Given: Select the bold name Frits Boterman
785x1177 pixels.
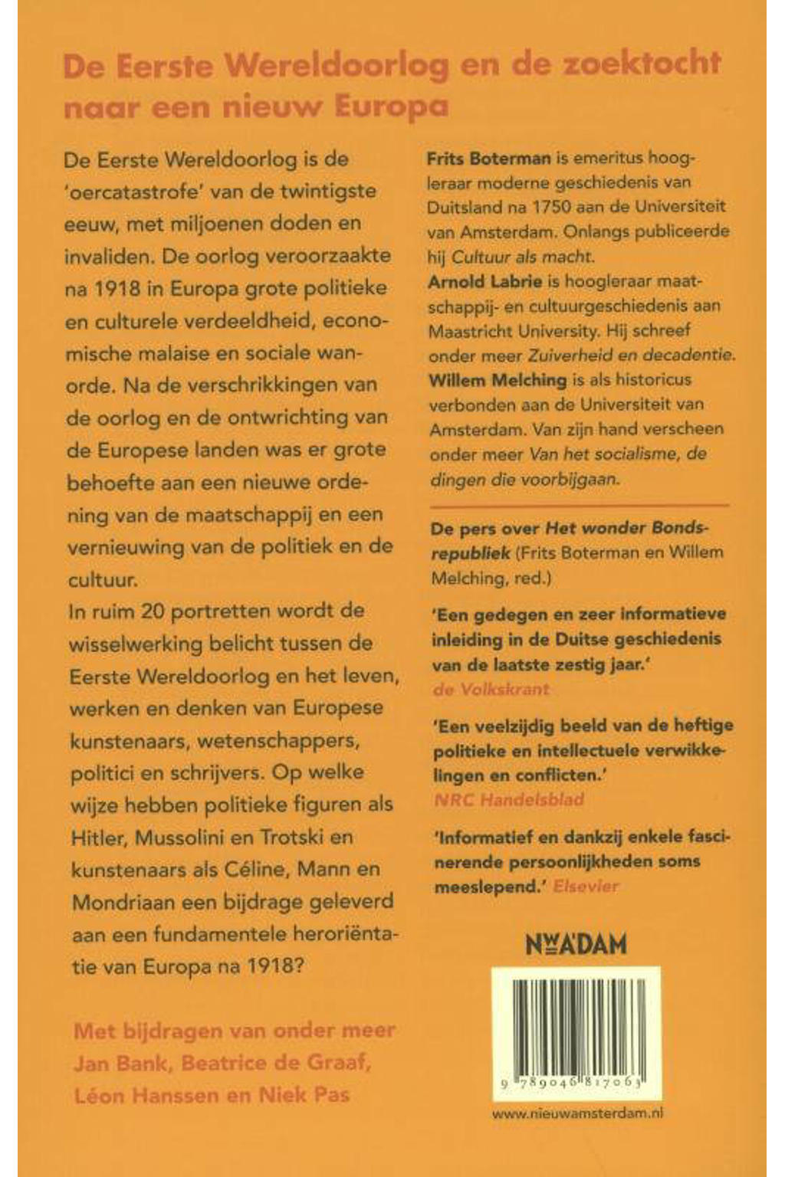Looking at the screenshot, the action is (x=488, y=159).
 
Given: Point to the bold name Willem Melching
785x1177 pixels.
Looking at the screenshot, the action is (x=497, y=379).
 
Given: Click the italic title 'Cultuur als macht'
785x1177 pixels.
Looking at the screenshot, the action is (x=522, y=257).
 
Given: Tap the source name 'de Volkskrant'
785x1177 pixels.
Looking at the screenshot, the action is (x=491, y=689).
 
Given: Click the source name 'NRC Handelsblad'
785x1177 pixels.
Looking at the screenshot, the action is (x=508, y=799).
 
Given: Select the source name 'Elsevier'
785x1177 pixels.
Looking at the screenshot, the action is (x=586, y=887).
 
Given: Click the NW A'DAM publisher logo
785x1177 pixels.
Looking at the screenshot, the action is (x=576, y=943).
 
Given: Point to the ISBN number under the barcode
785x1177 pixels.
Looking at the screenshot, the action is (x=575, y=1085).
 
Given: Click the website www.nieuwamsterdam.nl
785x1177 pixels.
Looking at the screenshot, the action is (x=576, y=1114).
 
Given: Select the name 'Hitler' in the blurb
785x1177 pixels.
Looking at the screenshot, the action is (x=97, y=838).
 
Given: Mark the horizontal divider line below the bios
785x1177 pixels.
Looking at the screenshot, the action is (x=579, y=506).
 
